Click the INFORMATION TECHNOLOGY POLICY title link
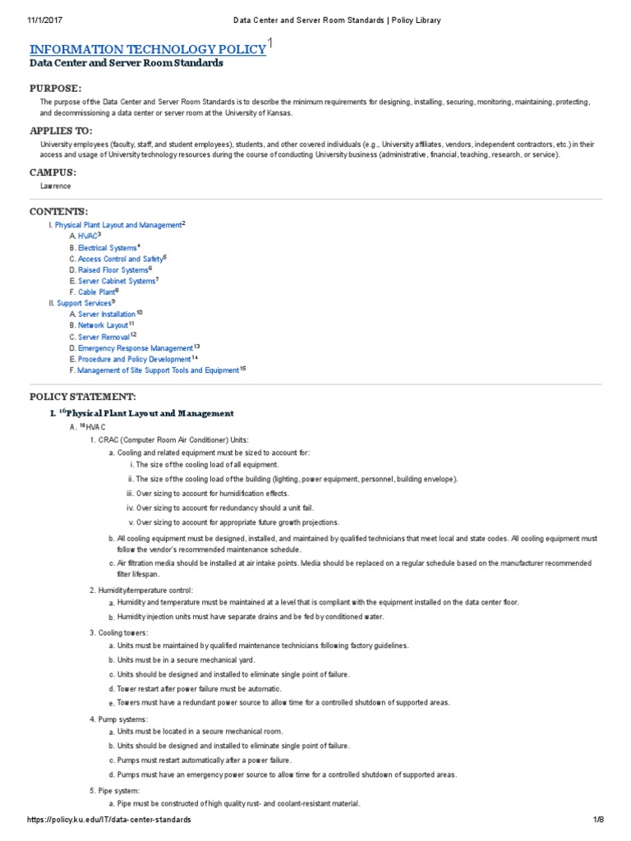pos(148,49)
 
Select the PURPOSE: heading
pos(56,88)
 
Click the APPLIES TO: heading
pos(61,131)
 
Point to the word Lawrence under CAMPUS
pos(55,186)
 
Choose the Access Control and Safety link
pos(120,259)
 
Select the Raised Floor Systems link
pos(113,270)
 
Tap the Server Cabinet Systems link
pos(116,281)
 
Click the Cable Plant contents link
pos(96,292)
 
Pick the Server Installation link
pos(107,315)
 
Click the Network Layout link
pos(103,325)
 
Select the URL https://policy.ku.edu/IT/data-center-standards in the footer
pos(109,820)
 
